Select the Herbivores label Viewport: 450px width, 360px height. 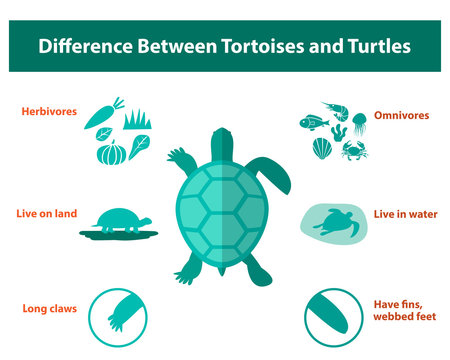coord(49,112)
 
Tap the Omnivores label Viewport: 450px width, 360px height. coord(401,115)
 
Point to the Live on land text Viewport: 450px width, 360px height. coord(46,213)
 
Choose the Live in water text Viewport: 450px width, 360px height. coord(401,215)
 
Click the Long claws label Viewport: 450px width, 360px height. coord(49,308)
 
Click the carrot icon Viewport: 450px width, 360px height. coord(103,115)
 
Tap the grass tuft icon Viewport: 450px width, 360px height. coord(137,122)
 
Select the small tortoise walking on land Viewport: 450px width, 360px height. coord(120,221)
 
